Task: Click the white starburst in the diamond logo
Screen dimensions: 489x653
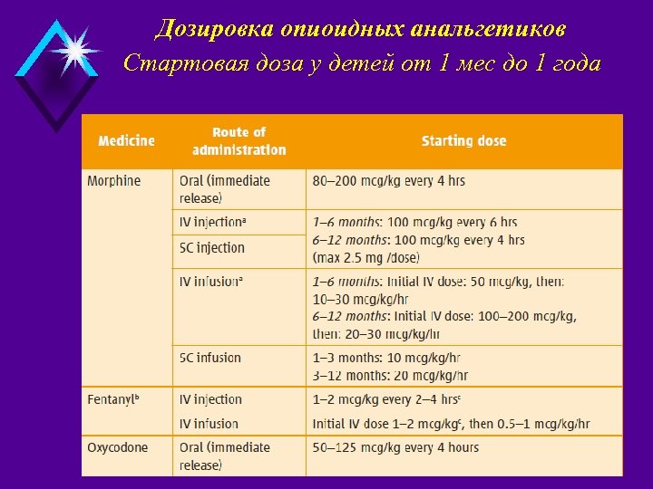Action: [x=73, y=51]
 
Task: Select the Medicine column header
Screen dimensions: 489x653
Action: [x=126, y=141]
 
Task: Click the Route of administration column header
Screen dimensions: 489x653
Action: [x=239, y=141]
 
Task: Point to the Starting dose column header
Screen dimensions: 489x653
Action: [x=463, y=141]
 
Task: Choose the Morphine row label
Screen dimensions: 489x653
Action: [x=114, y=181]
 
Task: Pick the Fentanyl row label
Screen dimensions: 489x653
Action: [x=113, y=399]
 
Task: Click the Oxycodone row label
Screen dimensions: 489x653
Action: [x=117, y=447]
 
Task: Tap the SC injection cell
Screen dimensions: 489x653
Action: [x=212, y=248]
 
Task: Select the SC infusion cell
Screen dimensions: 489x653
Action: [x=210, y=358]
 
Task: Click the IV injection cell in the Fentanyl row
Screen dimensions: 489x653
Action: [x=210, y=399]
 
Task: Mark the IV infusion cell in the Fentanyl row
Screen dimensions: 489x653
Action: [x=209, y=424]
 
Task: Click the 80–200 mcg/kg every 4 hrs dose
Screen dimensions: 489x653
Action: [x=389, y=181]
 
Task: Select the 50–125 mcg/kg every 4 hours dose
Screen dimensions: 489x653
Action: [x=395, y=447]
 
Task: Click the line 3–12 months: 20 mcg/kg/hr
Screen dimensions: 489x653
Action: [x=390, y=376]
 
